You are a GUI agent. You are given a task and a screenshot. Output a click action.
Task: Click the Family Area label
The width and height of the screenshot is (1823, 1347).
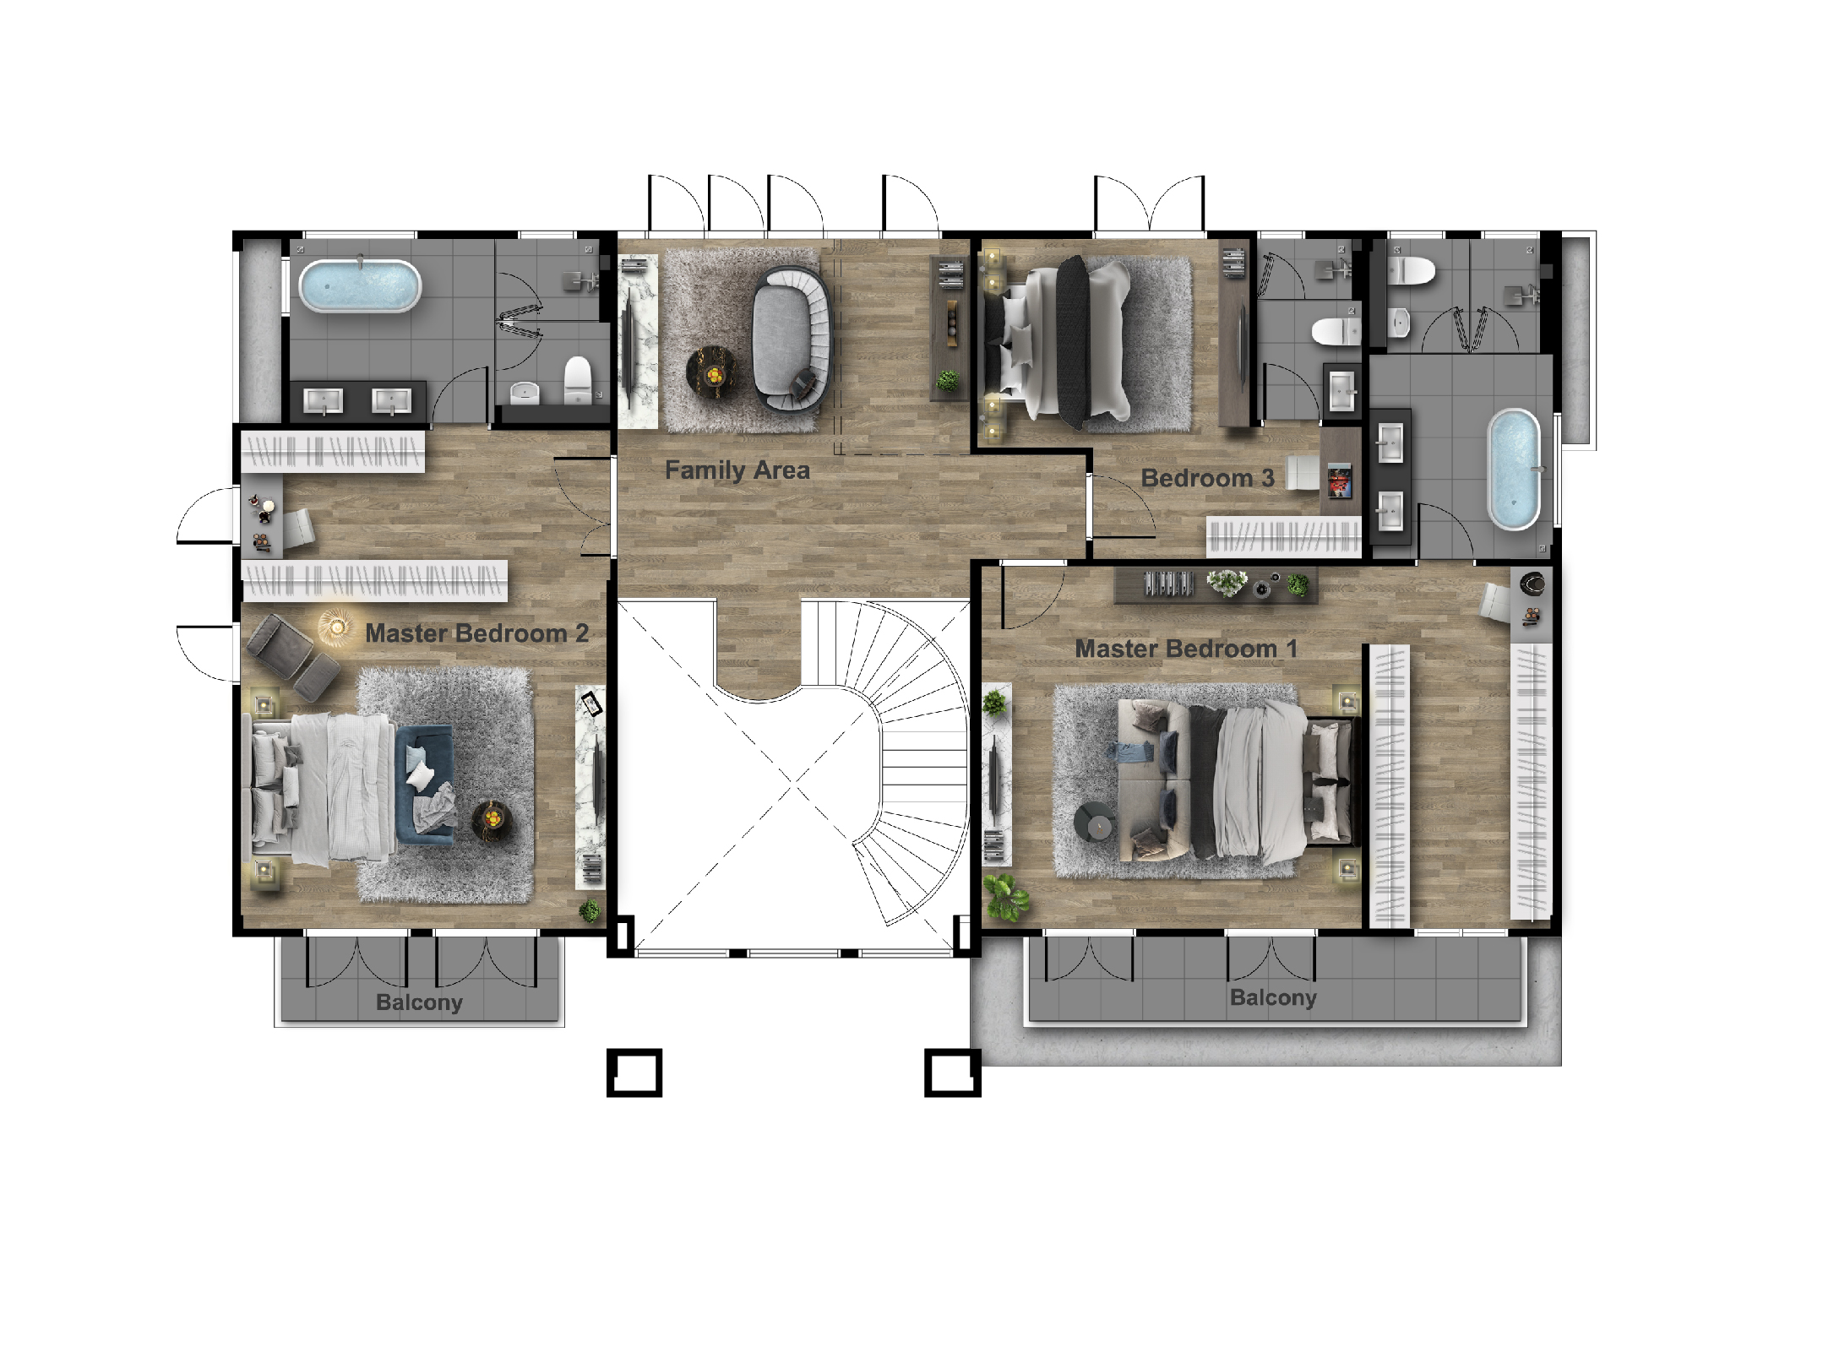click(x=737, y=470)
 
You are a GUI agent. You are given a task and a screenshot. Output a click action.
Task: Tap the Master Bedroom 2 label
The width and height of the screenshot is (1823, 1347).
click(x=476, y=633)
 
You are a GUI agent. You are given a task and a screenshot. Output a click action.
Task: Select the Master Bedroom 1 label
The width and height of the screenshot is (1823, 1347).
click(x=1185, y=649)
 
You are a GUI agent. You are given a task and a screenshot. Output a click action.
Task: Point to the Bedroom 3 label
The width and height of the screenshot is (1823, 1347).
click(x=1207, y=478)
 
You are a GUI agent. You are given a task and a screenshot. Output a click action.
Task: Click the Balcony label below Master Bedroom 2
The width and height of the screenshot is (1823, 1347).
click(x=419, y=1002)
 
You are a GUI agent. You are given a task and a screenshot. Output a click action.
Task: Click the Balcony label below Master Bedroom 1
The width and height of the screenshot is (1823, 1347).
click(x=1273, y=997)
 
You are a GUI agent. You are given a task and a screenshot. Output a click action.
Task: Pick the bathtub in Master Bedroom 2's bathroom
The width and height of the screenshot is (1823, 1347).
click(x=360, y=285)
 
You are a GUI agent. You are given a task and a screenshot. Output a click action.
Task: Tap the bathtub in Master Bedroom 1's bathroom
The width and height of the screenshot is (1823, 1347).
click(x=1514, y=470)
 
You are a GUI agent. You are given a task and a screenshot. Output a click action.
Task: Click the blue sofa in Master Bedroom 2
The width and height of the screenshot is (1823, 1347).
click(x=425, y=785)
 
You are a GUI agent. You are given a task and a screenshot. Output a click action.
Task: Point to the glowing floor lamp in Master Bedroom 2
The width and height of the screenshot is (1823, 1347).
click(x=336, y=627)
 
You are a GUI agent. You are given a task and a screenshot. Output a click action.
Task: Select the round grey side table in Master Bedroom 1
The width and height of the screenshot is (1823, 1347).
click(x=1095, y=823)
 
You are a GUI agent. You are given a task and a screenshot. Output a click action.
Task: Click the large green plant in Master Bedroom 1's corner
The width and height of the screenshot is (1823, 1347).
click(x=1005, y=898)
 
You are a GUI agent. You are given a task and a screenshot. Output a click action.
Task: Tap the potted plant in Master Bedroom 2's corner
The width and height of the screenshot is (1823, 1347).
click(x=590, y=910)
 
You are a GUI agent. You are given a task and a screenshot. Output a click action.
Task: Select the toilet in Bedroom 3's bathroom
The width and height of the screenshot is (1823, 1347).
click(x=1336, y=330)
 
